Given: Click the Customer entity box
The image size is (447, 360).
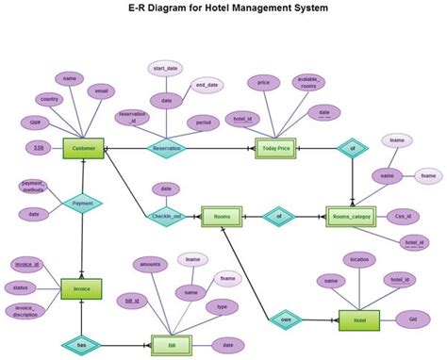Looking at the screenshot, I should (84, 148).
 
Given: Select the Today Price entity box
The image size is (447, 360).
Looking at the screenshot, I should (276, 148).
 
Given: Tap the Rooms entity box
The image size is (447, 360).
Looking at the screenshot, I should (223, 217).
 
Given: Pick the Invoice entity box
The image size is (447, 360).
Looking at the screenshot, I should (81, 288).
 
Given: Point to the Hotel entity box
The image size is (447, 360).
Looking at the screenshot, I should (358, 320).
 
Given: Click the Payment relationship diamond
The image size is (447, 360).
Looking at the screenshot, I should (82, 202).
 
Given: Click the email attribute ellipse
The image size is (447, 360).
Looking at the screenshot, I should (101, 91).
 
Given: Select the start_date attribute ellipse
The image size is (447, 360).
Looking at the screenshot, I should (166, 68).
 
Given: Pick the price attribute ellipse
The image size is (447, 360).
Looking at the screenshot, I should (263, 83).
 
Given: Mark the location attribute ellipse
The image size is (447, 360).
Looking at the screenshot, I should (358, 258).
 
